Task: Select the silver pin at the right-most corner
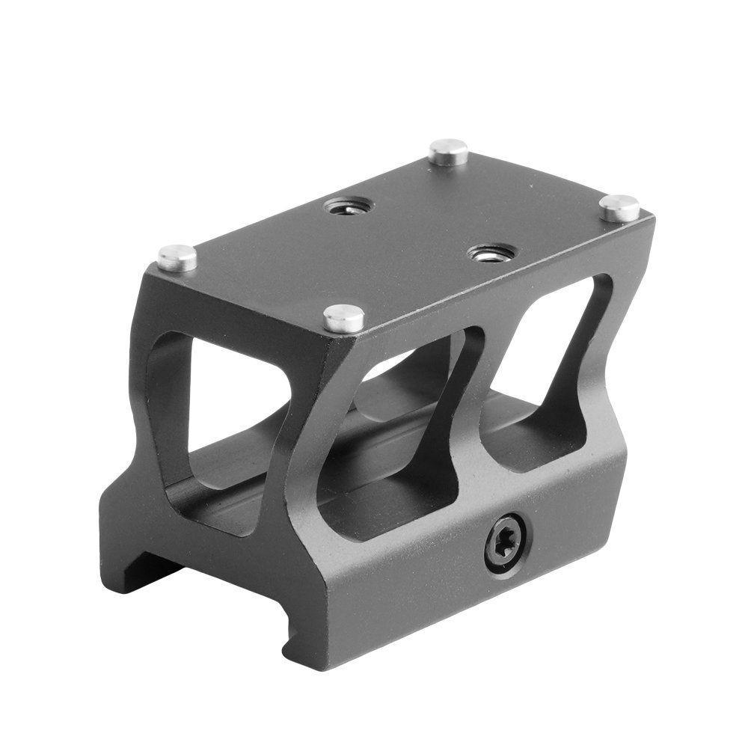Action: [619, 206]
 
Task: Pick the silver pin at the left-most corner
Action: [177, 257]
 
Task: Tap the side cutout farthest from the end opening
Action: [550, 374]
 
